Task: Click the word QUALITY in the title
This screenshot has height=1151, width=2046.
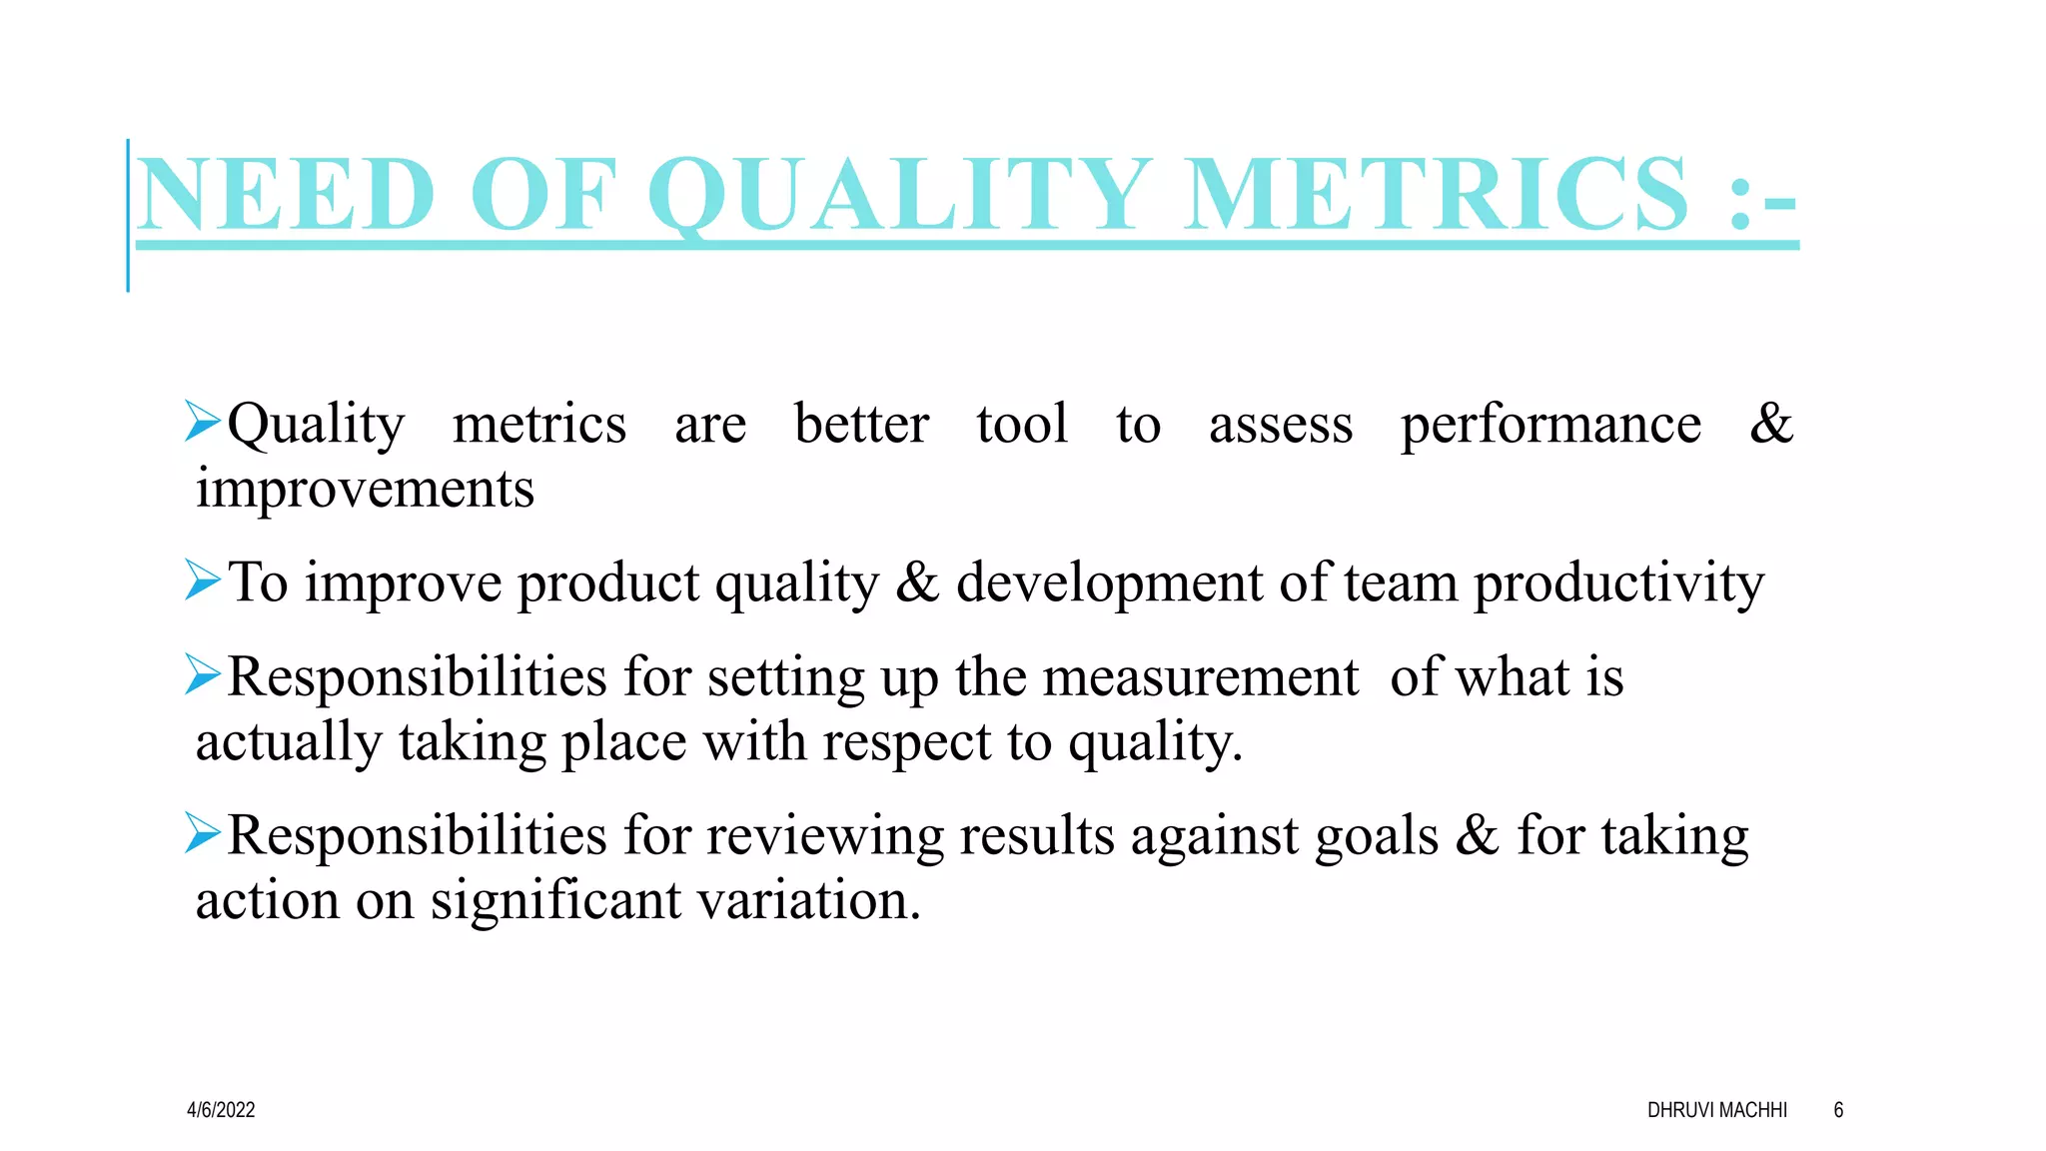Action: [899, 195]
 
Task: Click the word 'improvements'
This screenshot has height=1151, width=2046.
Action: [365, 490]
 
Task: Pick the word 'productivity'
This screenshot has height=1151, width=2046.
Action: [1618, 583]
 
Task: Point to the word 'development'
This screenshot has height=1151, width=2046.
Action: [1109, 583]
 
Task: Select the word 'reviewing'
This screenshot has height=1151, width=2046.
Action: [824, 836]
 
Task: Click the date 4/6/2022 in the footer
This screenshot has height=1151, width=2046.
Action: [221, 1110]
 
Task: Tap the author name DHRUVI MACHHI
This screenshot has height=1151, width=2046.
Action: [1716, 1110]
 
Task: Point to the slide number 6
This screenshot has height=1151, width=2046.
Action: [1838, 1110]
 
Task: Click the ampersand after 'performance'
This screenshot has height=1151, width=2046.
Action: [1771, 424]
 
